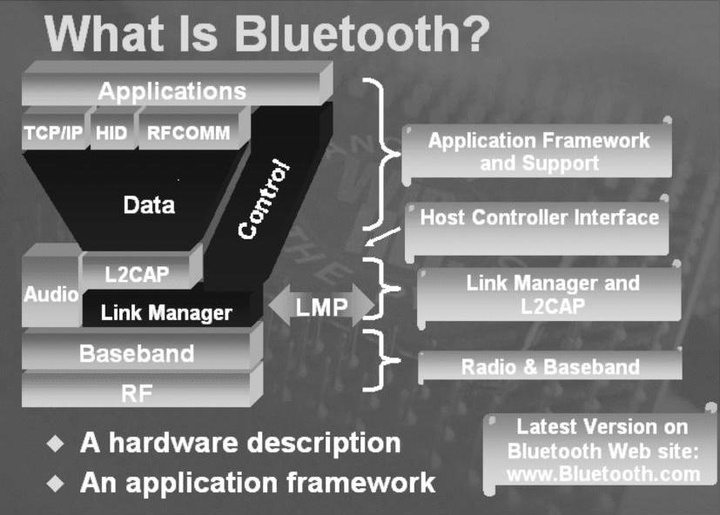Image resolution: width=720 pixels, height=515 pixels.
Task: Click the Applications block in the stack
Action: (x=172, y=90)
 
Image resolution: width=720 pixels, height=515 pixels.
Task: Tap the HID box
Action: (x=111, y=133)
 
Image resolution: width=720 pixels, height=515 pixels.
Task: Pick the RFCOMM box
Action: (x=189, y=133)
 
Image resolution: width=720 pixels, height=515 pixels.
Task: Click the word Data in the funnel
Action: (x=149, y=205)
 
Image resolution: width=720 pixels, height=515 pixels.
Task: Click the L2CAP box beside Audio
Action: (x=137, y=274)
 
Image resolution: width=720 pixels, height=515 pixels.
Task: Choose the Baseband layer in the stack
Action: (x=137, y=354)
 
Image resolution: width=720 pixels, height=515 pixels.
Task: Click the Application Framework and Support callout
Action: (x=538, y=151)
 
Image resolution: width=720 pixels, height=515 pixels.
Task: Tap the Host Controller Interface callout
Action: (x=539, y=217)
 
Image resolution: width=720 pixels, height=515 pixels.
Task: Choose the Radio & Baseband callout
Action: (x=550, y=367)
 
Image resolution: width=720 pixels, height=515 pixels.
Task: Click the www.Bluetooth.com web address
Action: (x=602, y=474)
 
